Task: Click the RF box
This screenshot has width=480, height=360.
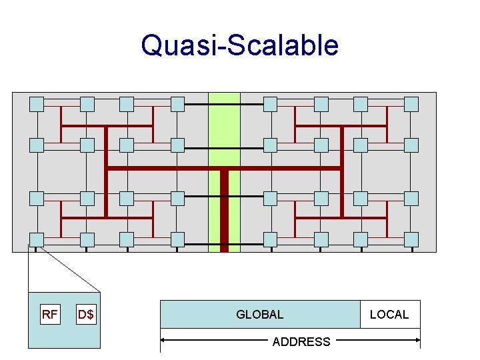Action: pos(49,315)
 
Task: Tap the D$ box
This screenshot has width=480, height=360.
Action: pos(86,315)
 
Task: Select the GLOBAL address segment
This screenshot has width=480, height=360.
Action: pos(260,315)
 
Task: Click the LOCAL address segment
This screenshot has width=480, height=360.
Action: pos(390,315)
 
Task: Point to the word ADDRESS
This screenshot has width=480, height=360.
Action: pos(301,342)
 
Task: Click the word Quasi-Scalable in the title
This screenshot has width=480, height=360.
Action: pos(240,45)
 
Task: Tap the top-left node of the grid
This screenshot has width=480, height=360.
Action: pos(37,103)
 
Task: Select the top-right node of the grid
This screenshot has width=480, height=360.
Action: pos(411,103)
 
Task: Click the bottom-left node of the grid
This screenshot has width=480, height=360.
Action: pos(37,239)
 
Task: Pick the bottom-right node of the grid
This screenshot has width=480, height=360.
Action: pos(411,239)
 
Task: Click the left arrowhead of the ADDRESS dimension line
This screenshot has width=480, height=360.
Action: pos(163,341)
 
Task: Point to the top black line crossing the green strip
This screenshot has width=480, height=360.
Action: pos(224,105)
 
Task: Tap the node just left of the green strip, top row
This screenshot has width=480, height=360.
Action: pos(177,103)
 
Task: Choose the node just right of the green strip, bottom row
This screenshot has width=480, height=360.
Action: pos(270,239)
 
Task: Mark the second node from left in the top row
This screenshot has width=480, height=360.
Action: pos(87,103)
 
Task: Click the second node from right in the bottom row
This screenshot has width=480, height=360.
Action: pos(361,239)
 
